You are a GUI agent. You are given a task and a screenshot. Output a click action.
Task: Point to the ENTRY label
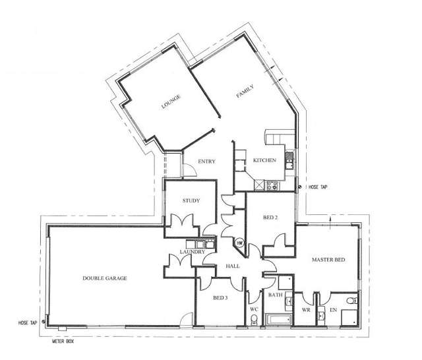206,162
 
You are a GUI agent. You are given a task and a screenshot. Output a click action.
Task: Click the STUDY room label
189,201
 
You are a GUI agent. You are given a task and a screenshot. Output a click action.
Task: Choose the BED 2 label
270,217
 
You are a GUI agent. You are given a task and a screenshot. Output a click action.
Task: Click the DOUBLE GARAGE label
105,278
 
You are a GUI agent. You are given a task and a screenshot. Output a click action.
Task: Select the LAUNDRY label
193,252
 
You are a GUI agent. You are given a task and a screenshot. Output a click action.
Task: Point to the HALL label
232,267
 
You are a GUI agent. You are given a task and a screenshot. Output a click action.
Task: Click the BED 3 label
220,298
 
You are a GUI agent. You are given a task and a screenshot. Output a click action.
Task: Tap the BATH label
275,295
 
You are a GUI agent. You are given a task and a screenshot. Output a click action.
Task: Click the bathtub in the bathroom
277,320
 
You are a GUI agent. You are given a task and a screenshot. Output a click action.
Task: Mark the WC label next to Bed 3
254,307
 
